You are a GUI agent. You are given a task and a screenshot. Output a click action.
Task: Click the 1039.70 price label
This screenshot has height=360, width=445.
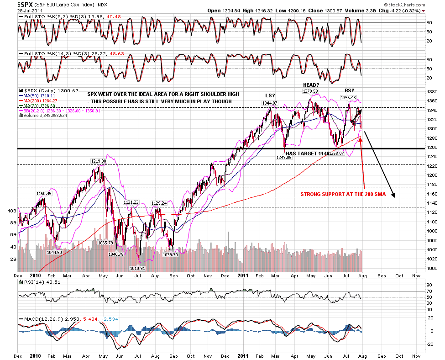tap(171, 254)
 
